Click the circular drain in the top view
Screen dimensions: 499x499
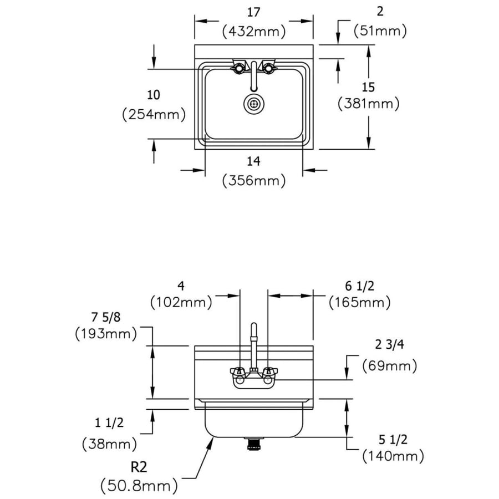point(254,103)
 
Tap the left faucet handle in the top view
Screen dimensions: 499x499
point(238,68)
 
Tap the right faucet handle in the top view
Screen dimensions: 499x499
point(270,68)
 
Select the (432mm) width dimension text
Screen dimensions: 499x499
point(254,32)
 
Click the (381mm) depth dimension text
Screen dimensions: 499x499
point(368,103)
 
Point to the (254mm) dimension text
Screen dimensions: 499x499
point(154,114)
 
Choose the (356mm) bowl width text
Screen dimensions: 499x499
point(253,180)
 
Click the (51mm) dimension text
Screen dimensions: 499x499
point(380,31)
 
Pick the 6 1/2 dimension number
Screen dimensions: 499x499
point(359,286)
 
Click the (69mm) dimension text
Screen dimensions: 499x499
point(389,366)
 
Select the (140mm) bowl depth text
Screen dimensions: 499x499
point(393,456)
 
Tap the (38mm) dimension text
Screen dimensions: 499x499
point(110,444)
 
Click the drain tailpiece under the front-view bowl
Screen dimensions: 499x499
point(254,443)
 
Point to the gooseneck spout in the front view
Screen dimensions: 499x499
point(253,341)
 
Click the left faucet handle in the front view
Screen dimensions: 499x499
point(238,372)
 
